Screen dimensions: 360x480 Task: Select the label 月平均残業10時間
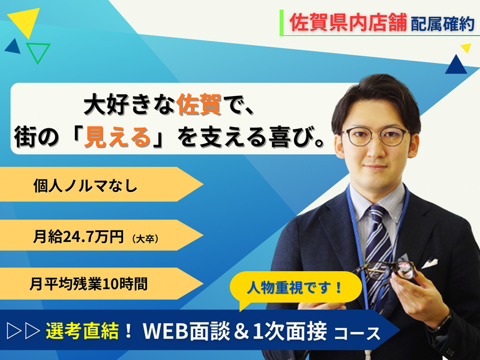pyautogui.click(x=88, y=284)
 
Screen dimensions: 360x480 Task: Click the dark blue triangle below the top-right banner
pyautogui.click(x=455, y=64)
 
